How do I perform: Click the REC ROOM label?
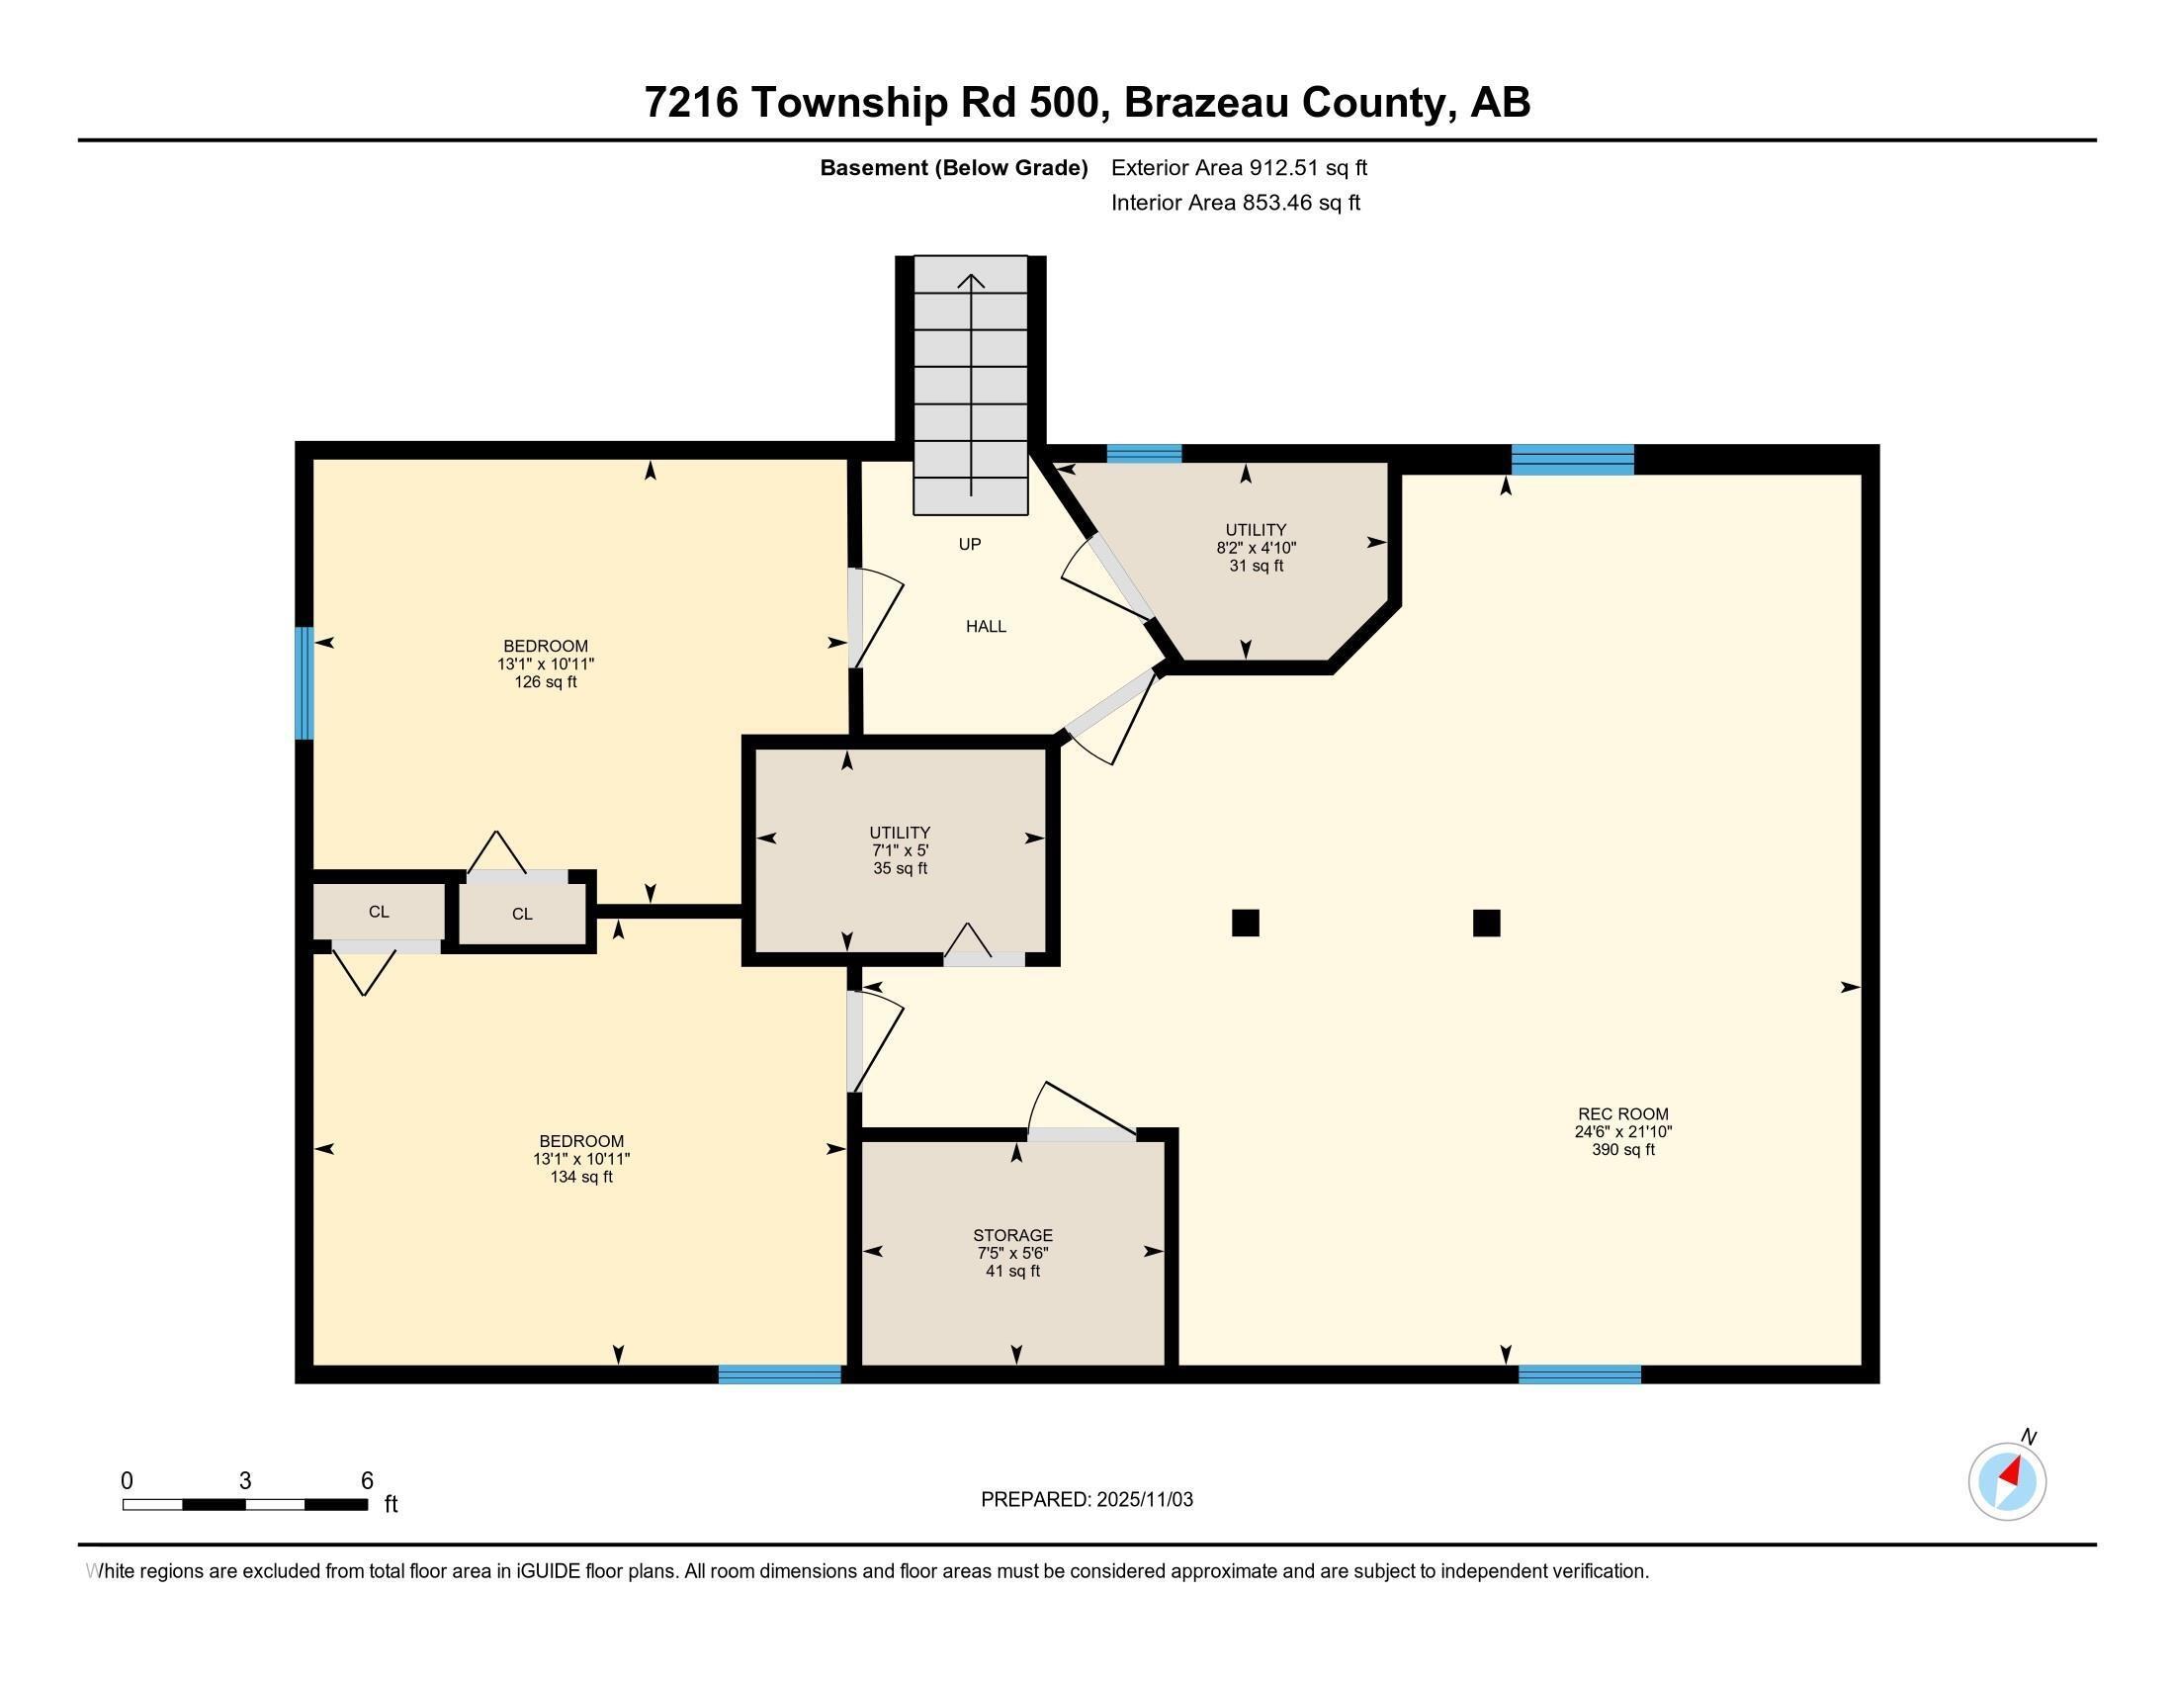pos(1622,1131)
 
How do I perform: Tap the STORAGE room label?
pos(1011,1253)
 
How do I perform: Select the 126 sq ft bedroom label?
pos(546,664)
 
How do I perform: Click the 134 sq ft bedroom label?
pos(580,1158)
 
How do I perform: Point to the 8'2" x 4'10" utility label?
pos(1255,547)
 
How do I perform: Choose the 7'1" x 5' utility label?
pos(900,849)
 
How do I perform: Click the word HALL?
pos(985,626)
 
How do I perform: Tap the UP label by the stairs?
pos(969,544)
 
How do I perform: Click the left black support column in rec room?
pos(1245,924)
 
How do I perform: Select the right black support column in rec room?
pos(1486,924)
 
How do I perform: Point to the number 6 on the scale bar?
pos(367,1480)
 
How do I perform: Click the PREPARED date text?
pos(1087,1499)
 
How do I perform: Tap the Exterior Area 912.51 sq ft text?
pos(1239,167)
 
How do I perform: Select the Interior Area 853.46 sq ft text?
pos(1235,202)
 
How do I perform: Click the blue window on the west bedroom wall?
pos(304,683)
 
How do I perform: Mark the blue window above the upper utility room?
pos(1143,454)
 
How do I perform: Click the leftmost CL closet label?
pos(379,912)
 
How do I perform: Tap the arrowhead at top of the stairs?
pos(971,280)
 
